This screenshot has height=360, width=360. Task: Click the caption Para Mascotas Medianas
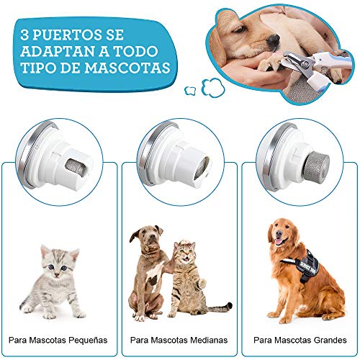click(179, 338)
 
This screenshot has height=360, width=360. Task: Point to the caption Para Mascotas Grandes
click(300, 338)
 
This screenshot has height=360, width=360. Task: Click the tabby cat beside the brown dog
click(189, 281)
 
